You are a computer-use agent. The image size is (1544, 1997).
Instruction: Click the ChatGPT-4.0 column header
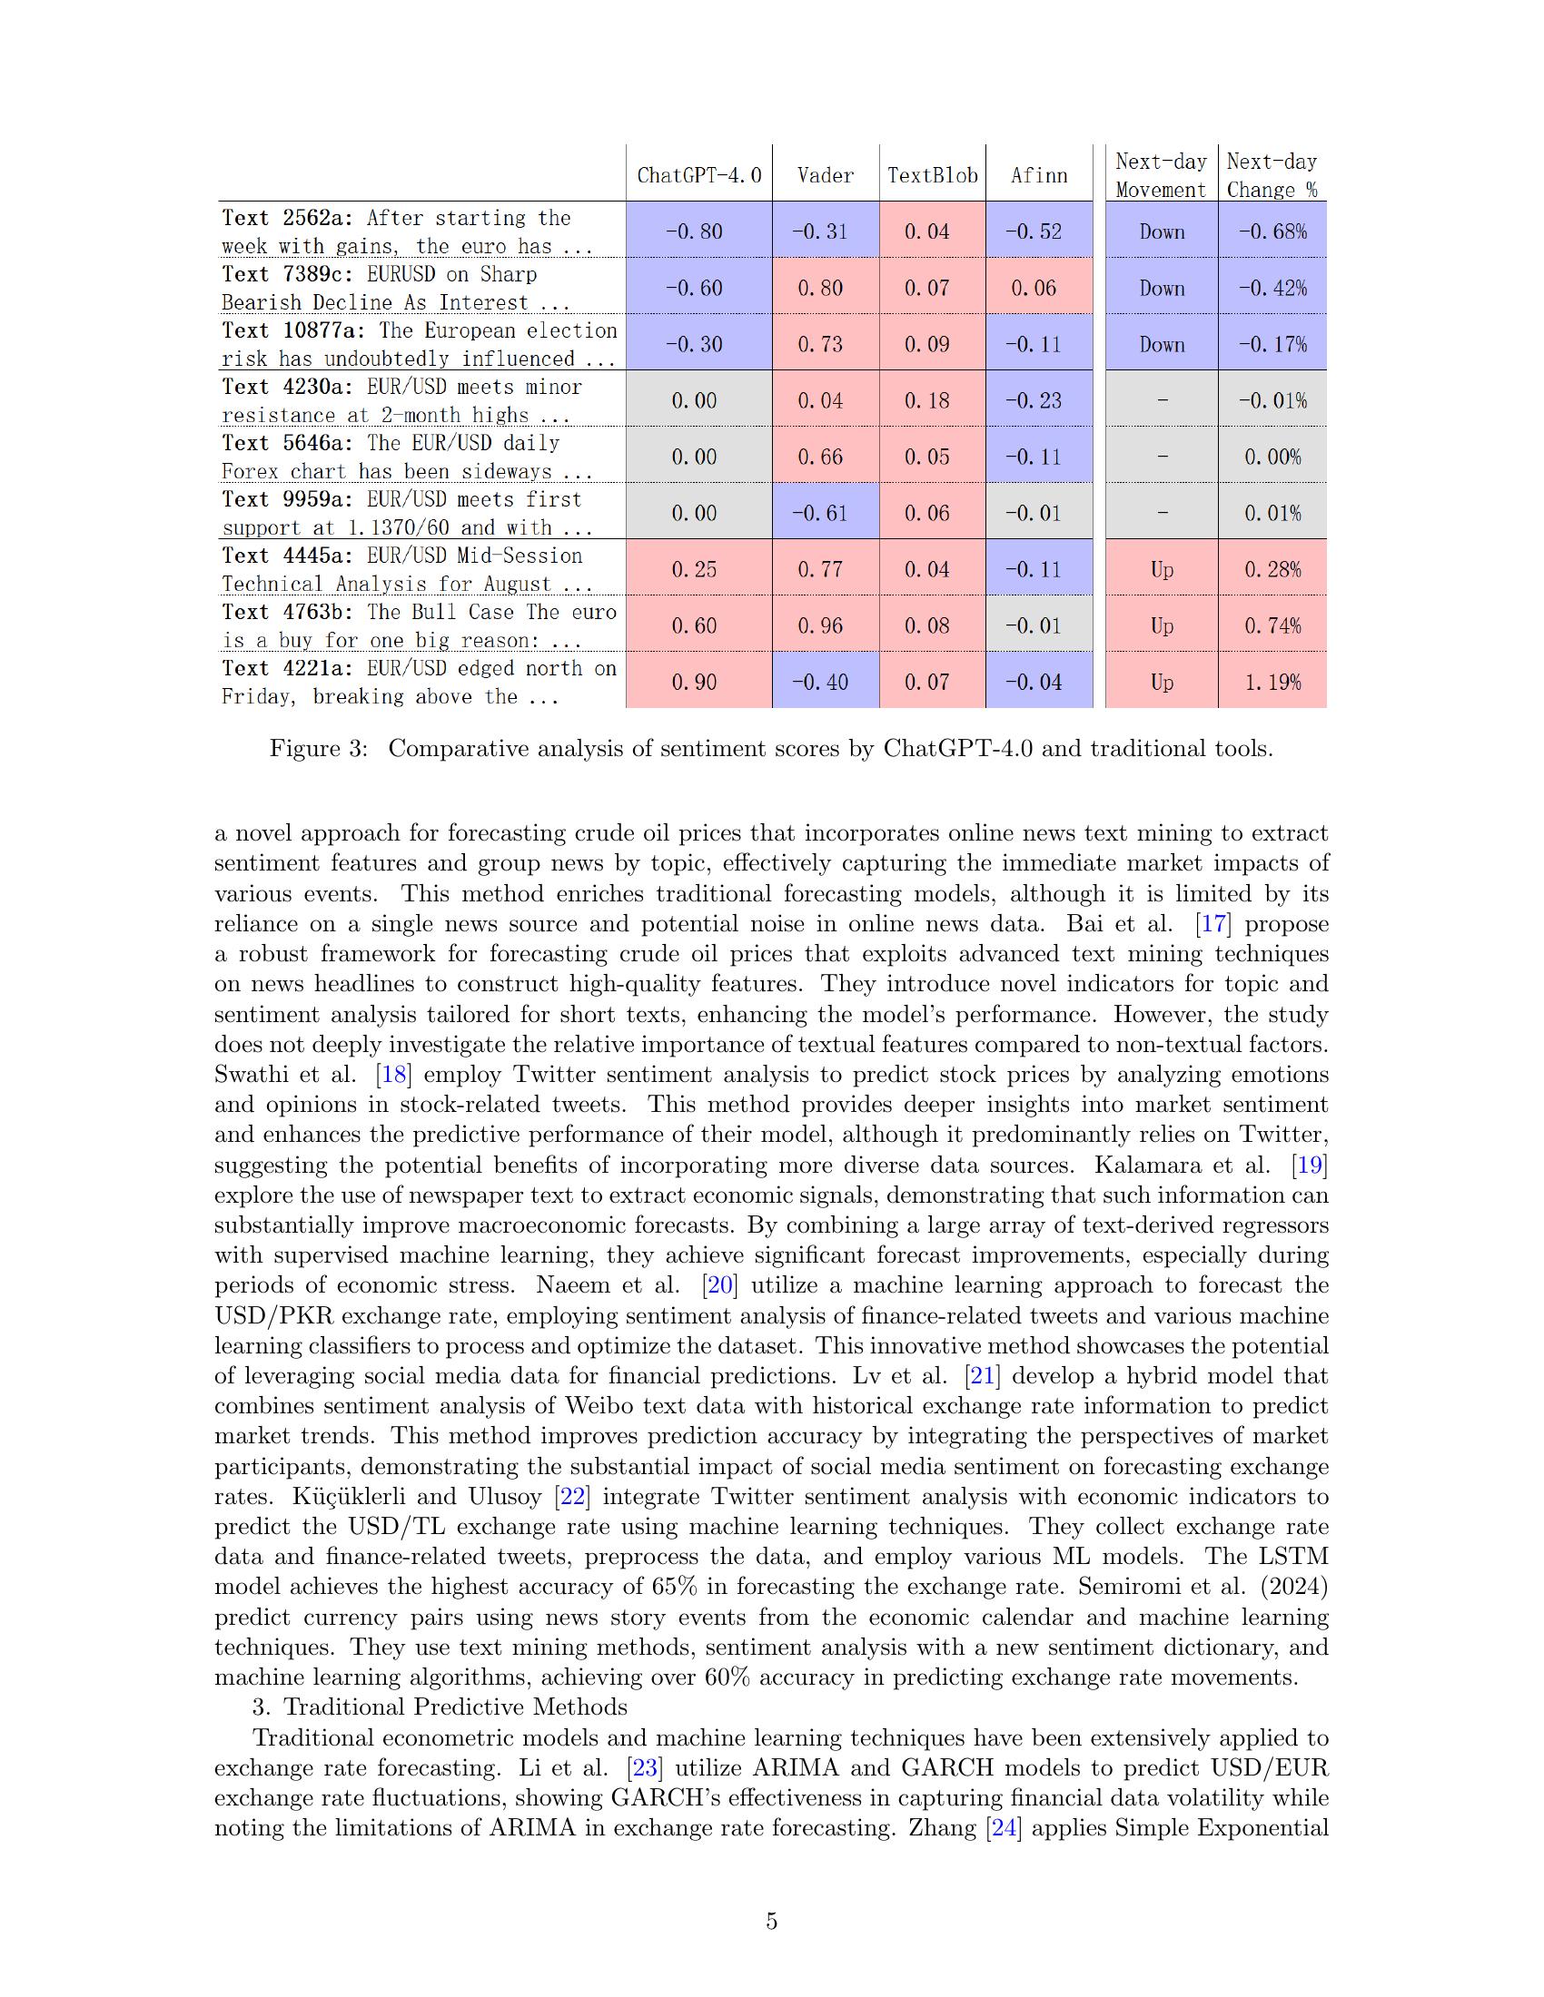pos(698,175)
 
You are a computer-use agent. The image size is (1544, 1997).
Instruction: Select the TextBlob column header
pos(932,175)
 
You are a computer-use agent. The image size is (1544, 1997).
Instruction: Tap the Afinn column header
pos(1039,175)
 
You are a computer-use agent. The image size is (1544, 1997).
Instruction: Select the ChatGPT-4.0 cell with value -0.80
pos(694,231)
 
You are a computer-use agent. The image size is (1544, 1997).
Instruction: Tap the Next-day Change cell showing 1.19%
pos(1272,682)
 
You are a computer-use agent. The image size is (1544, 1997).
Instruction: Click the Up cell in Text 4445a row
pos(1162,570)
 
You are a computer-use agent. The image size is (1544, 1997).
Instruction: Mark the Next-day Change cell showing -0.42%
pos(1272,288)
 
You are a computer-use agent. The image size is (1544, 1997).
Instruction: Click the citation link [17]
pos(1213,923)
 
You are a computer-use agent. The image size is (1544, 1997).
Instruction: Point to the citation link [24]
pos(1004,1828)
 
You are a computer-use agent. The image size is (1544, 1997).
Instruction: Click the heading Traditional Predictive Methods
pos(455,1707)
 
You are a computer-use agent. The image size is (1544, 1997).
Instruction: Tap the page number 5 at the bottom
pos(771,1921)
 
